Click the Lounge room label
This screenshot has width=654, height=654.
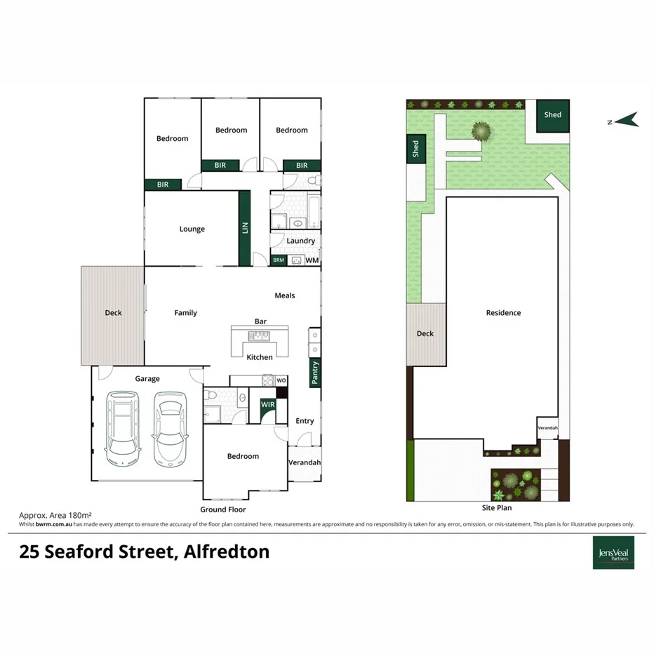[192, 229]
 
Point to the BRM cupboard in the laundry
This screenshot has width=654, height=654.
[279, 260]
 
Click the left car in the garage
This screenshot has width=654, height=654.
[122, 428]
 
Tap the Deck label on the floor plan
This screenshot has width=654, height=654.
[113, 313]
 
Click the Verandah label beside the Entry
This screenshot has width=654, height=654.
[305, 462]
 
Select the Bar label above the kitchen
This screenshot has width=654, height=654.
[260, 321]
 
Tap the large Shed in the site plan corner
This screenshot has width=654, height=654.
[553, 115]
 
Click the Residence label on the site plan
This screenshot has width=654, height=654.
[503, 313]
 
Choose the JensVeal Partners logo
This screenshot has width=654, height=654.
[613, 552]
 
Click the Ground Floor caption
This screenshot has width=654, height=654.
[222, 509]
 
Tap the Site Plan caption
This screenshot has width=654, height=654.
[497, 507]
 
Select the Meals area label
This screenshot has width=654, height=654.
[284, 295]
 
